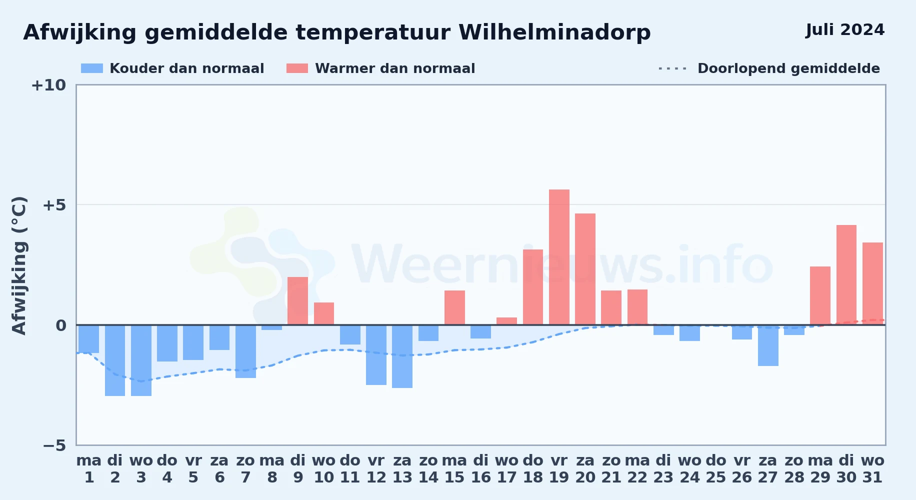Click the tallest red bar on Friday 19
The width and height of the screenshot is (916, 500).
[559, 257]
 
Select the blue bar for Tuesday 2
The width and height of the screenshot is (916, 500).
[115, 360]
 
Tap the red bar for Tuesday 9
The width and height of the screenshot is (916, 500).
[298, 301]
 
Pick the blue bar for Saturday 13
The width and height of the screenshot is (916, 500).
[402, 356]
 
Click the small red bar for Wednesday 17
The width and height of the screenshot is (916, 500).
[506, 321]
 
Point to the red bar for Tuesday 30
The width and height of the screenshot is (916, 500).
[846, 275]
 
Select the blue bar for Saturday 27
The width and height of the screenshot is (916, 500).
[768, 345]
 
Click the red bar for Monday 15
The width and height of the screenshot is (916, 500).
[454, 307]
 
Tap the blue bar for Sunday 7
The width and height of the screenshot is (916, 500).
[245, 351]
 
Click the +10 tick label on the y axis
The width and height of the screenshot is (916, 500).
[48, 85]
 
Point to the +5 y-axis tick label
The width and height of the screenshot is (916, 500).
[54, 205]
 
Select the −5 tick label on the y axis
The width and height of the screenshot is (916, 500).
[54, 445]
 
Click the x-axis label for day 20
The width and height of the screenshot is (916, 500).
[585, 468]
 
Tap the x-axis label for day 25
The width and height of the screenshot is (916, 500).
[716, 468]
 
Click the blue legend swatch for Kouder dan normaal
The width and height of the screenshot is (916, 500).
[92, 68]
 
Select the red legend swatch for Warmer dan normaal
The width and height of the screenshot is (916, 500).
[297, 68]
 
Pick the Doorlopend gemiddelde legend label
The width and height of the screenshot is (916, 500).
[788, 68]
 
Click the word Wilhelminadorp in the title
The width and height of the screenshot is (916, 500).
[554, 32]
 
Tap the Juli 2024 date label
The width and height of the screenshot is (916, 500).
[845, 29]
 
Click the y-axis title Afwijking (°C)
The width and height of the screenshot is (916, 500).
[19, 265]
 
